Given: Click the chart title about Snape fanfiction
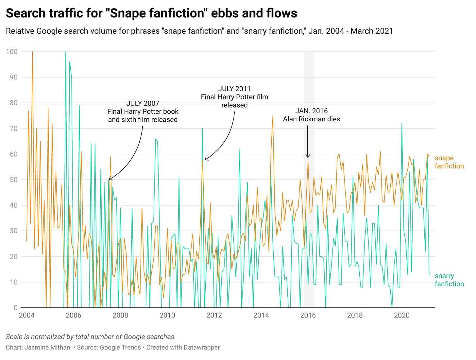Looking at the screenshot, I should tap(151, 13).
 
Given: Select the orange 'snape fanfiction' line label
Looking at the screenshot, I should tap(449, 162).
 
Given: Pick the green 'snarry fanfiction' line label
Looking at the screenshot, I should tap(449, 280).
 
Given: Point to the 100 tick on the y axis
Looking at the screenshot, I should tap(12, 52).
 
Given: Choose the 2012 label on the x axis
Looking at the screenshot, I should tap(214, 315).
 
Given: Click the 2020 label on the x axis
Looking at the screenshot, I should tap(402, 315).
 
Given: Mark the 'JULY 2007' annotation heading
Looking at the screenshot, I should tap(143, 103).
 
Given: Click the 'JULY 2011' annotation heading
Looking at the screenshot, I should tap(234, 89).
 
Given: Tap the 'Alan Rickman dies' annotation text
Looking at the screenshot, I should tap(311, 119).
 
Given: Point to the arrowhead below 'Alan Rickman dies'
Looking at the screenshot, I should tap(308, 156).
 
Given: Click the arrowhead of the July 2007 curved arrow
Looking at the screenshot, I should tap(110, 179).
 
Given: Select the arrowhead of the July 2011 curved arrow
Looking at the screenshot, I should tap(206, 160).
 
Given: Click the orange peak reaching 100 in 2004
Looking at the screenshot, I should tap(32, 52).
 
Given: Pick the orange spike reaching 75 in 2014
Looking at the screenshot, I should tap(273, 116).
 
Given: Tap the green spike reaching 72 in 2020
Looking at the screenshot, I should tap(401, 124).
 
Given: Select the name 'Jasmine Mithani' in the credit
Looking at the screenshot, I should tap(48, 347).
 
